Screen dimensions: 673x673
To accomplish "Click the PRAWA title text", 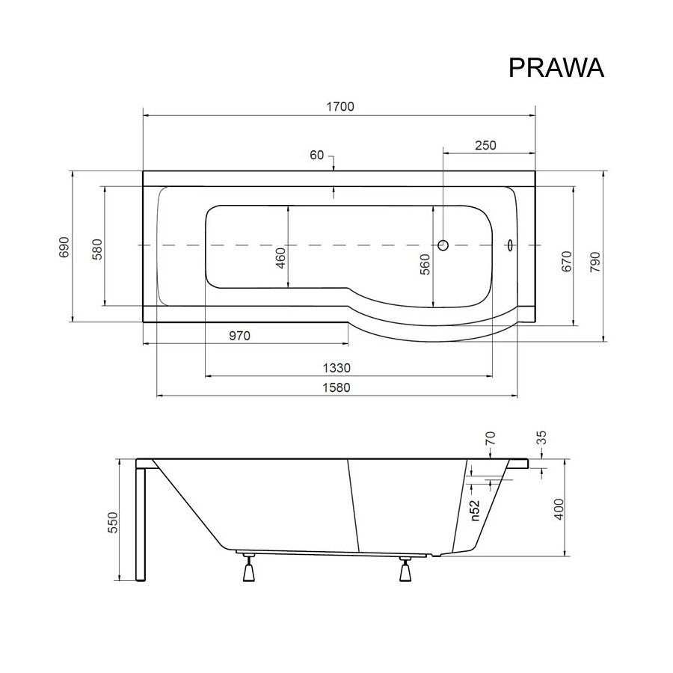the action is (x=556, y=68).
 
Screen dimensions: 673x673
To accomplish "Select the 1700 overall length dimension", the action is (x=340, y=106).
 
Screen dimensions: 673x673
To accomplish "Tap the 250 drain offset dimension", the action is (x=485, y=146).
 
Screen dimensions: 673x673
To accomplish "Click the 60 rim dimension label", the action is (x=317, y=155).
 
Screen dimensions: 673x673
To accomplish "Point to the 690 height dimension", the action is (x=64, y=247).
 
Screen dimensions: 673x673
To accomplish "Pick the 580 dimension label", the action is (x=97, y=249).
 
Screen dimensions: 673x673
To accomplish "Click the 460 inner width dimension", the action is (x=280, y=258).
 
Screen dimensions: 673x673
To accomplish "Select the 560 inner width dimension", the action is (x=425, y=265).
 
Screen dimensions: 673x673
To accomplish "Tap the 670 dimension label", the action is (x=567, y=262).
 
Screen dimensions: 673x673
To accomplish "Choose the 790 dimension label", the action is (x=595, y=262).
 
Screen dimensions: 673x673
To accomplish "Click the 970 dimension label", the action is (x=239, y=336).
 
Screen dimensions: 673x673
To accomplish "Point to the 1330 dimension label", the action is (x=337, y=368).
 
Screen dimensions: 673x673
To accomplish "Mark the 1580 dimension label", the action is (x=337, y=387).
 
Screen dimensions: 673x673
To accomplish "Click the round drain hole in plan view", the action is (x=443, y=245).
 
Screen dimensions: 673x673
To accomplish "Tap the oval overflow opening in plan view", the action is (x=509, y=245).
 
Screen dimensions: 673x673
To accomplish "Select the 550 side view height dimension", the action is (x=112, y=523).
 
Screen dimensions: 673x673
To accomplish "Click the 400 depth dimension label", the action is (x=559, y=509).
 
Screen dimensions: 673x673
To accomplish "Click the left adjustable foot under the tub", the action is (x=248, y=568).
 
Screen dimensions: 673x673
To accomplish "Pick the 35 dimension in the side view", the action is (x=541, y=437).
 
